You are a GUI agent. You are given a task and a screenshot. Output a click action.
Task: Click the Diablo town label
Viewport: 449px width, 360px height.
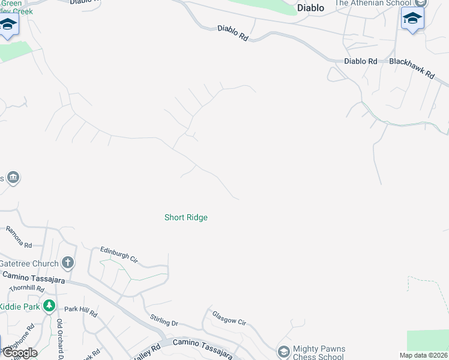pos(311,8)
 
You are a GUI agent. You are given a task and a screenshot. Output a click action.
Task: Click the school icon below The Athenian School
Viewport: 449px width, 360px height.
pos(412,19)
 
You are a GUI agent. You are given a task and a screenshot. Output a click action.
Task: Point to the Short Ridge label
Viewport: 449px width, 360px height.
pos(186,217)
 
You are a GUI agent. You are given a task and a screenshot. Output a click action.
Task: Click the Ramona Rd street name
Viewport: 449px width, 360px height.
pos(19,236)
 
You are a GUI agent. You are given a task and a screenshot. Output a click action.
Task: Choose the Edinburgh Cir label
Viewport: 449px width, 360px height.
pos(119,254)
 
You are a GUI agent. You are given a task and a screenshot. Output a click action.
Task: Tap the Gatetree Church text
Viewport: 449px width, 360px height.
pos(29,263)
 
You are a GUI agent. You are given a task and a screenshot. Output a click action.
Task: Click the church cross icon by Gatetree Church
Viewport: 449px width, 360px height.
pos(68,263)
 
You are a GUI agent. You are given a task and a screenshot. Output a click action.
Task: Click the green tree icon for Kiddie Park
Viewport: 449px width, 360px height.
pos(49,306)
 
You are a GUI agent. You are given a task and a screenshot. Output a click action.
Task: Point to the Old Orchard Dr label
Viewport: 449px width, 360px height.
pos(60,338)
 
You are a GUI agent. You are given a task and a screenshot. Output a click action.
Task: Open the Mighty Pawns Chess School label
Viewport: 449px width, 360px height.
pos(319,353)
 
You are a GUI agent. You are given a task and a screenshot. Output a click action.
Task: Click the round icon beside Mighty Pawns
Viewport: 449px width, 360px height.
pos(283,350)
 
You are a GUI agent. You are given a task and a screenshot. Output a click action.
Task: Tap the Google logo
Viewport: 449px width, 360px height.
pos(19,353)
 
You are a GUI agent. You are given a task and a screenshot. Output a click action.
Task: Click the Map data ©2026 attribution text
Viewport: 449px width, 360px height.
pos(423,355)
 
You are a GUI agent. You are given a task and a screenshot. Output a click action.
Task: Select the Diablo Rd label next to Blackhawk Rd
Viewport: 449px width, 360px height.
pos(360,61)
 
